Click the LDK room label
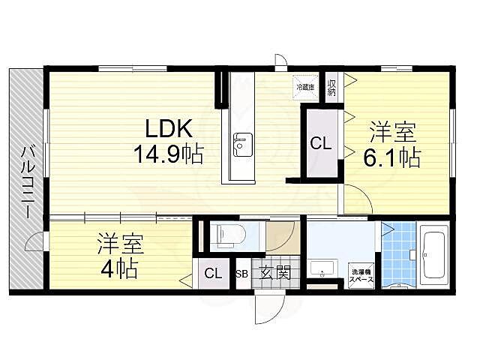tap(167, 127)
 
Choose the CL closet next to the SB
tap(214, 274)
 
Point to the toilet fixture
tap(227, 235)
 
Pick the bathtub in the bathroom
tap(434, 256)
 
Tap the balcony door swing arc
tap(34, 241)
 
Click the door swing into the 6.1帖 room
tap(358, 200)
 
